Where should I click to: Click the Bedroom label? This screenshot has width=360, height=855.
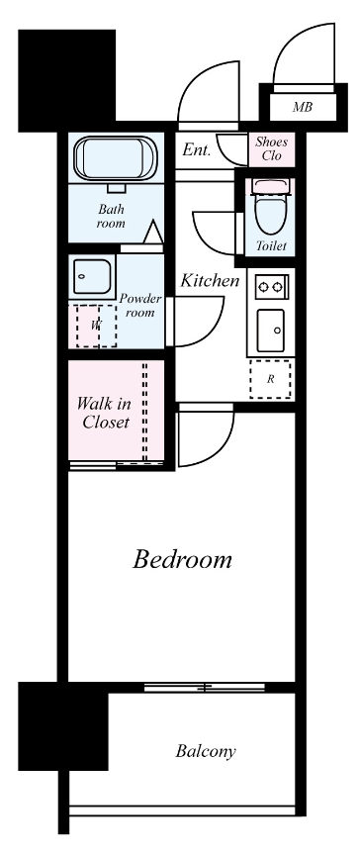pyautogui.click(x=182, y=559)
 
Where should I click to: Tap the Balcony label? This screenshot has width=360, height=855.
pyautogui.click(x=206, y=751)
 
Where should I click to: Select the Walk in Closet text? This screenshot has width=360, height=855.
pyautogui.click(x=104, y=413)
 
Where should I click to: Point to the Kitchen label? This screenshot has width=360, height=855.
pyautogui.click(x=210, y=281)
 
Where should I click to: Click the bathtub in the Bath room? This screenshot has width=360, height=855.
pyautogui.click(x=116, y=158)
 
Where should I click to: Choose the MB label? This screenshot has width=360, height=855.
pyautogui.click(x=303, y=107)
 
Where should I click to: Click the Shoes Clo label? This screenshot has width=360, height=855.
pyautogui.click(x=271, y=148)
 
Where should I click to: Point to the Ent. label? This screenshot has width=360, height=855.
pyautogui.click(x=197, y=150)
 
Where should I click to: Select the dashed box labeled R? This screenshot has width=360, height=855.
pyautogui.click(x=271, y=380)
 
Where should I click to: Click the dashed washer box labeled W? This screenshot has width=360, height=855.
pyautogui.click(x=96, y=327)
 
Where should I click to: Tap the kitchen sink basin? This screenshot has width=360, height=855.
pyautogui.click(x=271, y=331)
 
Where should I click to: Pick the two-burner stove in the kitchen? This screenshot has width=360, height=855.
pyautogui.click(x=271, y=285)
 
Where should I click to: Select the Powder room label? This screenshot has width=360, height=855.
pyautogui.click(x=140, y=306)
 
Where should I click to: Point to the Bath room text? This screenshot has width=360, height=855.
pyautogui.click(x=111, y=216)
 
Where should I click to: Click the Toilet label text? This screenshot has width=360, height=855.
pyautogui.click(x=271, y=246)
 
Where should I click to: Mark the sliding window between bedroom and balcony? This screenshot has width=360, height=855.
pyautogui.click(x=205, y=688)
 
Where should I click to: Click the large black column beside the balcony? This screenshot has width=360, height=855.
pyautogui.click(x=63, y=725)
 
